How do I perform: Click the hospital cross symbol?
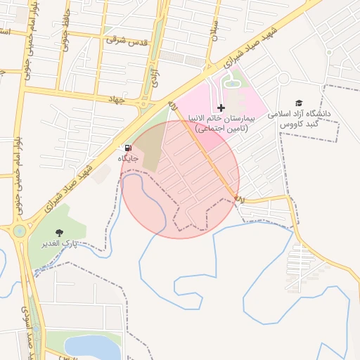click(221, 108)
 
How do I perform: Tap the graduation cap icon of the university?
click(299, 103)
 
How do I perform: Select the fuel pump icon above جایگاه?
click(127, 148)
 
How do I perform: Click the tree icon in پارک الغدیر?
click(58, 232)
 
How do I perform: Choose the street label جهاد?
click(116, 100)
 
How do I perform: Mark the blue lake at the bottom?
click(92, 347)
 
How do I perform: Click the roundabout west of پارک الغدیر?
click(18, 230)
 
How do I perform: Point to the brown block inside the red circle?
click(149, 148)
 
